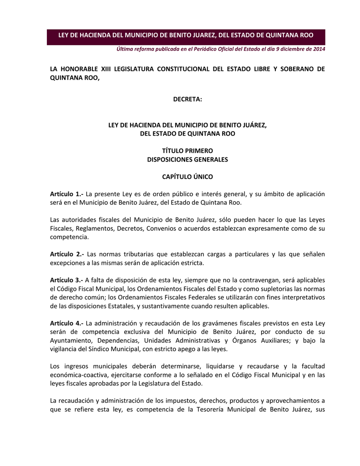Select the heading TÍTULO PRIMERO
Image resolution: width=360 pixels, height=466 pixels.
coord(187,151)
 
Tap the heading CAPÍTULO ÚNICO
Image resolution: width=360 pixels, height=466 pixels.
coord(187,177)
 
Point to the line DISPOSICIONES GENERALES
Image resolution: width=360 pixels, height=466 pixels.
coord(187,160)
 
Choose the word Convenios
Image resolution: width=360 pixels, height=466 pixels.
coord(162,228)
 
